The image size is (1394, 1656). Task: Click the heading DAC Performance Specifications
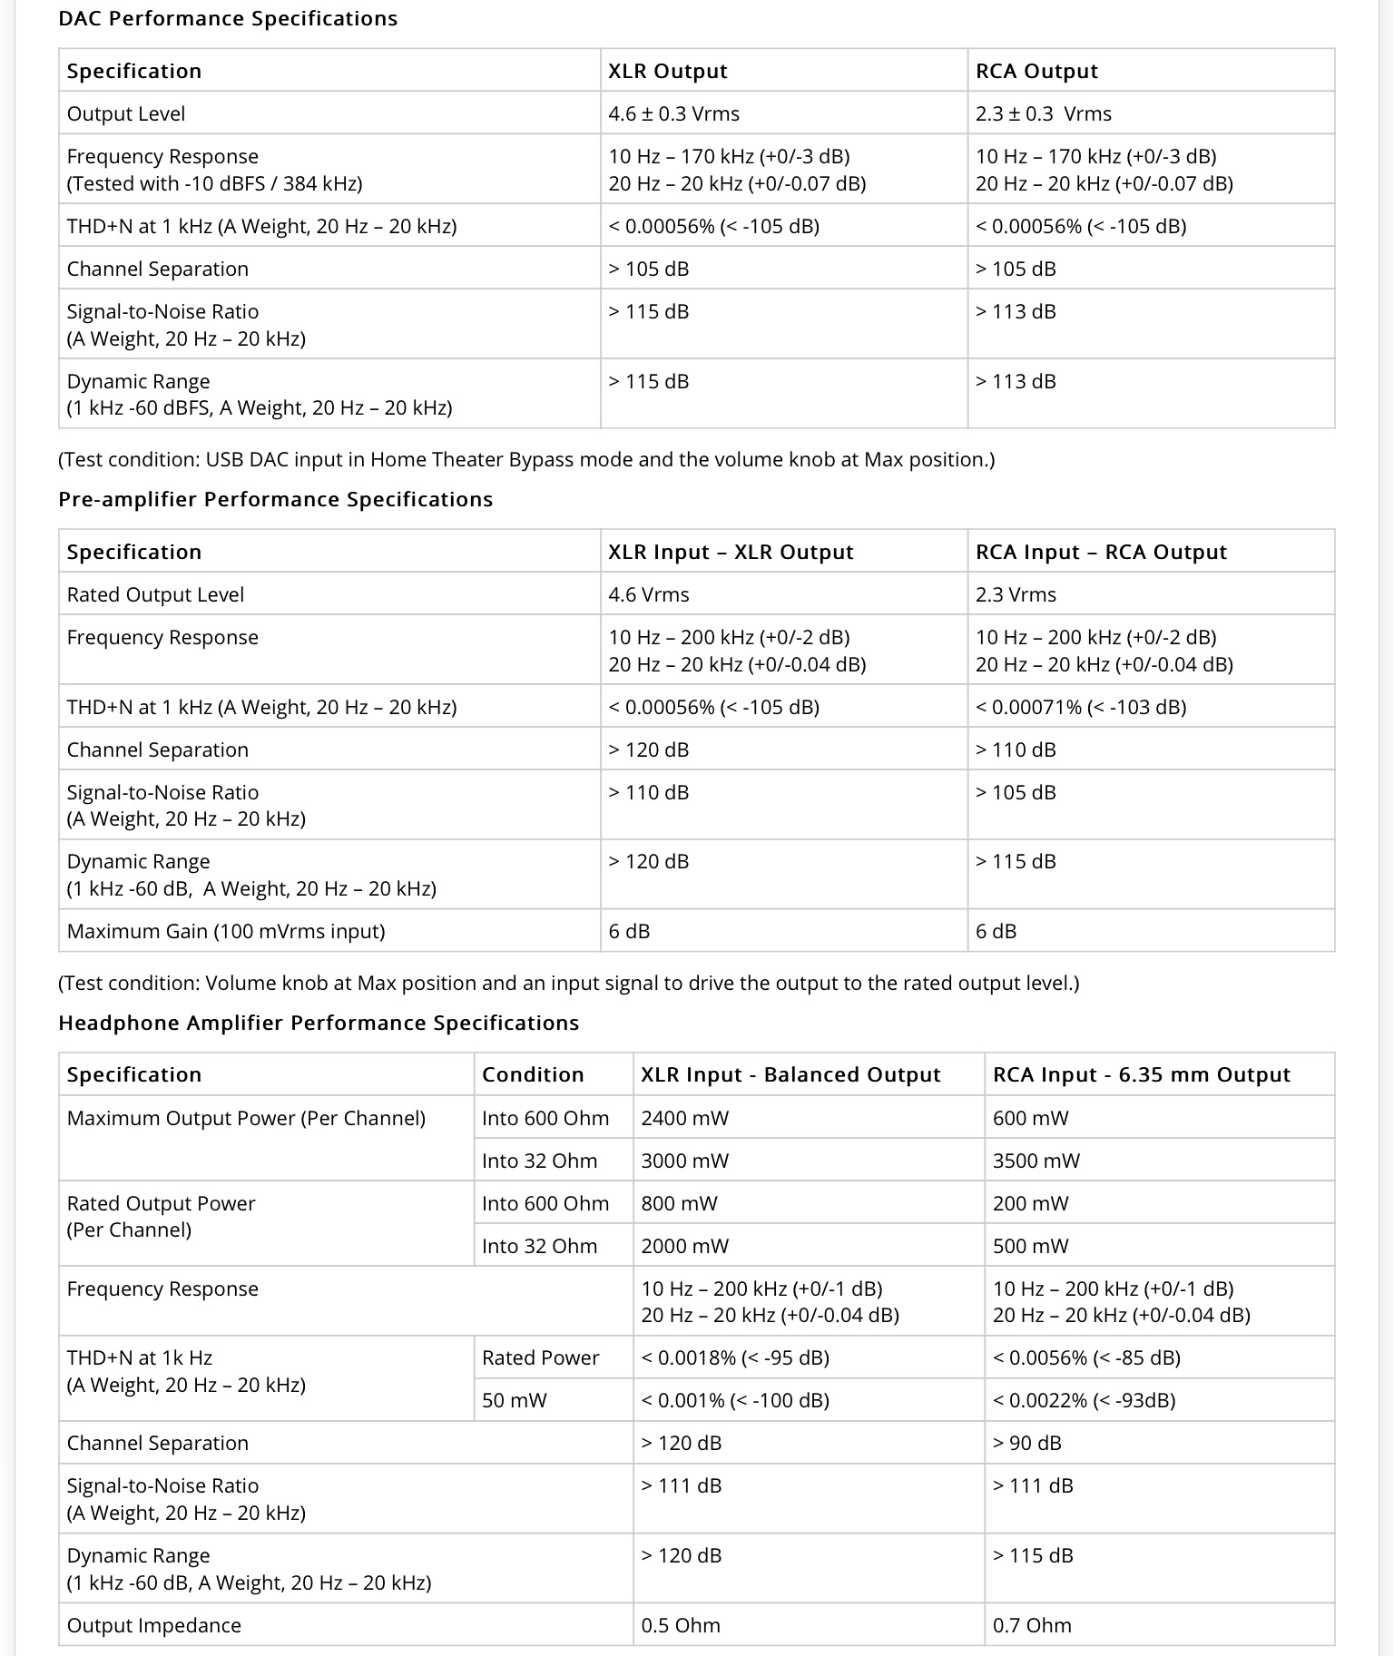coord(228,19)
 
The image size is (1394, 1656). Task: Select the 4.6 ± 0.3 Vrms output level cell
coord(673,113)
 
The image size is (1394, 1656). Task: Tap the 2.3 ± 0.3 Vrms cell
coord(1043,113)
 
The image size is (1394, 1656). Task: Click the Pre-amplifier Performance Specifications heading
coord(275,499)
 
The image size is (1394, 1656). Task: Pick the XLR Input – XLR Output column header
coord(731,552)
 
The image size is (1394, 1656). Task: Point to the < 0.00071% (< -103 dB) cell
coord(1080,707)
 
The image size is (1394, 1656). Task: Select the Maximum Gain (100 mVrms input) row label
coord(226,931)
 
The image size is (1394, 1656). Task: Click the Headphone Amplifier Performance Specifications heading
coord(319,1023)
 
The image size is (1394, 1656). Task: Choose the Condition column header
coord(533,1074)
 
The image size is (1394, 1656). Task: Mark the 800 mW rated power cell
coord(679,1203)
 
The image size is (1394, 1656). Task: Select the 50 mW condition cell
coord(515,1400)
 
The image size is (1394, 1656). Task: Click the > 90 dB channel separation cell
coord(1026,1443)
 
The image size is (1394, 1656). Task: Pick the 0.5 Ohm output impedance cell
coord(681,1625)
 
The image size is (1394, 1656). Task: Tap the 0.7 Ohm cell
coord(1032,1625)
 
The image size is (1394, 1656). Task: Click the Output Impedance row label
coord(154,1625)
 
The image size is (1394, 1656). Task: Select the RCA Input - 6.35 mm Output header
coord(1141,1074)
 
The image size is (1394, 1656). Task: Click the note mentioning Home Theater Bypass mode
coord(526,459)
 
